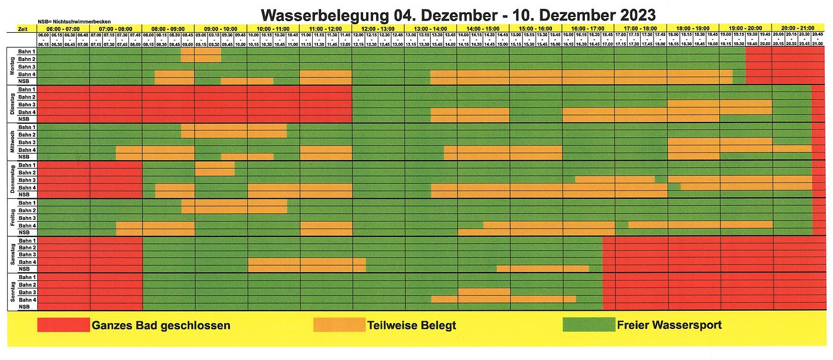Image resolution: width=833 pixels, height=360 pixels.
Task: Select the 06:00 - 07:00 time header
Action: point(63,28)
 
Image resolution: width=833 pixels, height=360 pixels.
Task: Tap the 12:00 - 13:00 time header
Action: point(378,28)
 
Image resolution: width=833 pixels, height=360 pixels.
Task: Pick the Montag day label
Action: point(12,66)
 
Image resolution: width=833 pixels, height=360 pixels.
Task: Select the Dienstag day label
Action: point(12,104)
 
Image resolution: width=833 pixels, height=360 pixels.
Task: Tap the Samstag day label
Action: point(12,254)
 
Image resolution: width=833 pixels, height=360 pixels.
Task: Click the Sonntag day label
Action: point(12,291)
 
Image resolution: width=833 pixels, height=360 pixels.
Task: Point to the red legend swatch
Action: point(63,324)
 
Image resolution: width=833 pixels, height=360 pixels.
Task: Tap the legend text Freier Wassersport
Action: point(669,325)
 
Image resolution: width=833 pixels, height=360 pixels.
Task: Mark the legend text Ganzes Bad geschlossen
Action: point(161,325)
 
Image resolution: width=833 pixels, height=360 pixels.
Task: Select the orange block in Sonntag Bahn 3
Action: point(483,291)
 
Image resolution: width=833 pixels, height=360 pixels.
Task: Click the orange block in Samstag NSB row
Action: point(543,269)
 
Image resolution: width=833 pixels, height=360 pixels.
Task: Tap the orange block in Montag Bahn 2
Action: point(201,59)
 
